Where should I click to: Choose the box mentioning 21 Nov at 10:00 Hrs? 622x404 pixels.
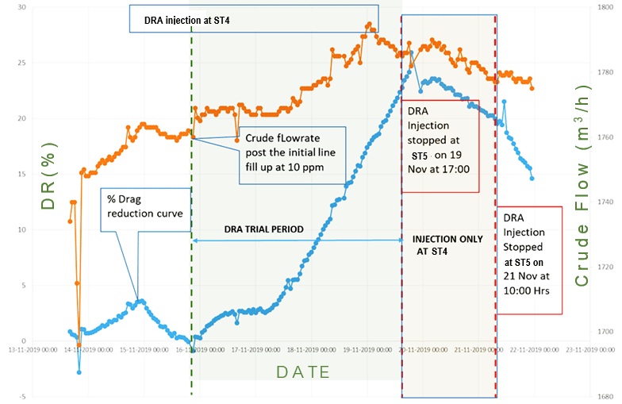(530, 260)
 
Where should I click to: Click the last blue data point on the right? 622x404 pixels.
(532, 179)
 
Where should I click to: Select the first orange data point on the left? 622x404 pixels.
(70, 221)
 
